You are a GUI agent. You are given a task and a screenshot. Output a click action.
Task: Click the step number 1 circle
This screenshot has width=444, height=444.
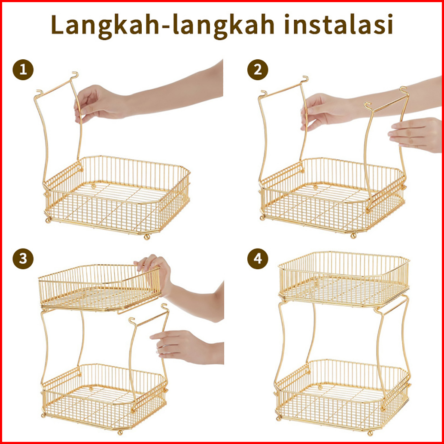tap(23, 70)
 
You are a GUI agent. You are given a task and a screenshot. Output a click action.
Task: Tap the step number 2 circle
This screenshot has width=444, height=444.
tap(258, 70)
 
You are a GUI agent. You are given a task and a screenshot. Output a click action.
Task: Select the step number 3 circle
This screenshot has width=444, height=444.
tap(23, 259)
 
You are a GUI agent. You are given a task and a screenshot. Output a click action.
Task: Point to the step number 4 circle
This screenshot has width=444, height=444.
tap(258, 259)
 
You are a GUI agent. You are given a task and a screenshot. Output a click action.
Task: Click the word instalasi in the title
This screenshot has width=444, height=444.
tap(338, 24)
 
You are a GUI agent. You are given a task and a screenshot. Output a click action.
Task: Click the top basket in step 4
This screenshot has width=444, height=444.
tap(344, 279)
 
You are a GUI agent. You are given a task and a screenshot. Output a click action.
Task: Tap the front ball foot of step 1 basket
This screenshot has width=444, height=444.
tap(147, 237)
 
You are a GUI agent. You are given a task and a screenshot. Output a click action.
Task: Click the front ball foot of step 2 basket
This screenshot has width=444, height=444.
tap(353, 235)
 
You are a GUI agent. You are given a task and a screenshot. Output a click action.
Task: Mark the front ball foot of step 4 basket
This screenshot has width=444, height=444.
tap(370, 433)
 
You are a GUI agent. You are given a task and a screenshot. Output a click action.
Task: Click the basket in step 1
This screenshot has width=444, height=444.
tap(117, 195)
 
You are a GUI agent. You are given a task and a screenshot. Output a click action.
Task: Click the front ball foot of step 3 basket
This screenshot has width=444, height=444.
tap(120, 432)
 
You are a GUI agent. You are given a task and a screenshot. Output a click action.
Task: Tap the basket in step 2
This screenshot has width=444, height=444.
tap(333, 195)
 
